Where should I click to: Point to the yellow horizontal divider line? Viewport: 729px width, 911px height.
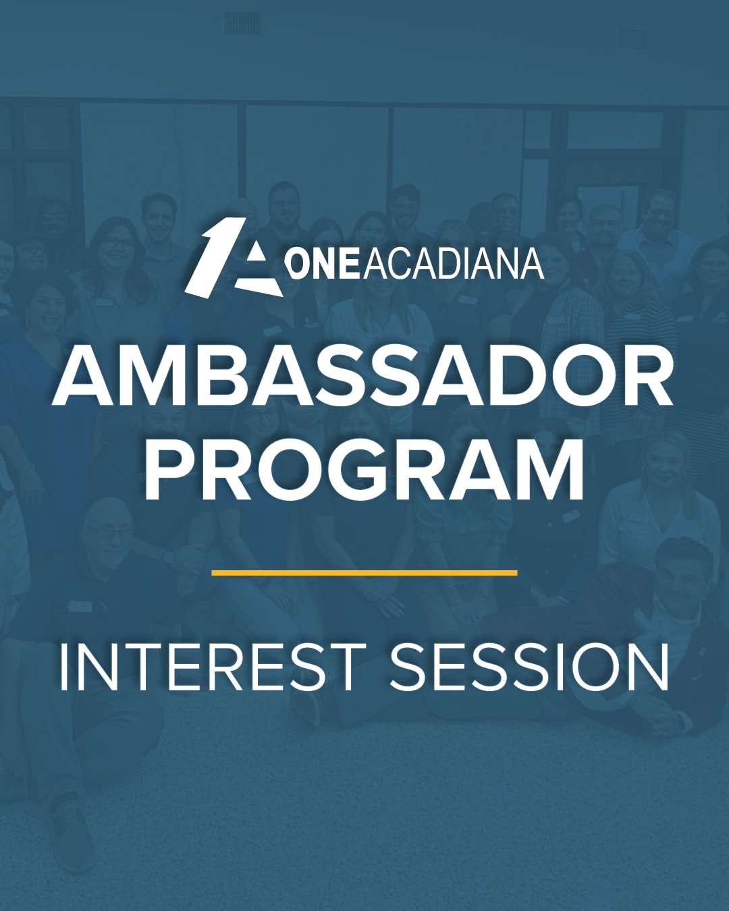pos(364,573)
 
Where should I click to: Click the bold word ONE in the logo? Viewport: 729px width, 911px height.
pos(324,265)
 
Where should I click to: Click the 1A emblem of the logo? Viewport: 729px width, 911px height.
pos(234,258)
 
